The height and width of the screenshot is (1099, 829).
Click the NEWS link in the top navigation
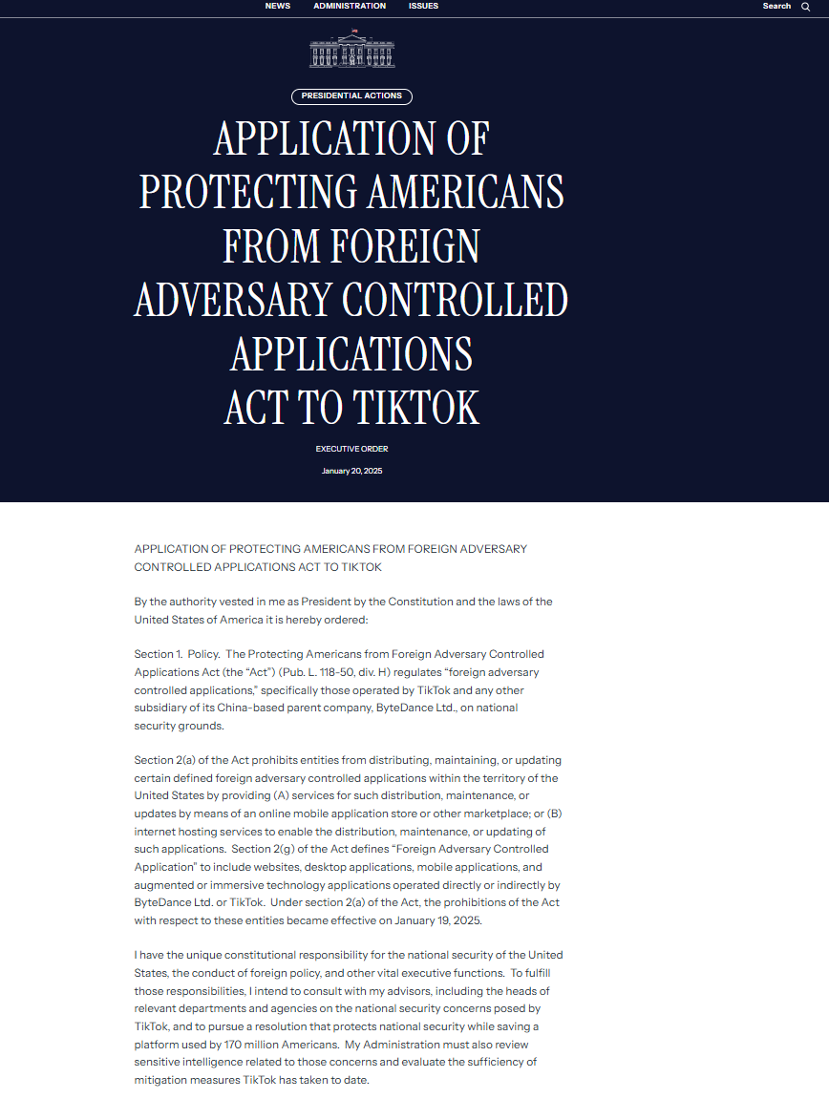click(277, 6)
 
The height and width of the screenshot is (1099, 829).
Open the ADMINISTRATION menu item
click(350, 6)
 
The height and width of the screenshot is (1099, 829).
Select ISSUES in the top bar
click(423, 6)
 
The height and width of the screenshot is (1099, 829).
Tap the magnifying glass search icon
click(805, 7)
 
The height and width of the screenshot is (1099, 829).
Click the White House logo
click(351, 49)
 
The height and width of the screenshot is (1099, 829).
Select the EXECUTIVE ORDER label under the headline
click(351, 449)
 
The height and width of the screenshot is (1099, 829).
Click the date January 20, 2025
click(351, 471)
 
